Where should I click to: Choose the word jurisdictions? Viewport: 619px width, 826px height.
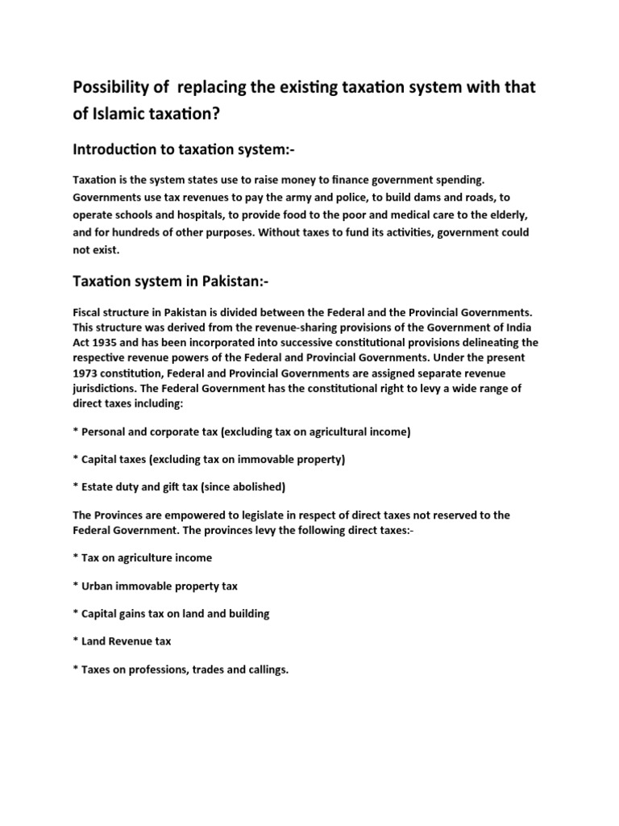106,389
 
